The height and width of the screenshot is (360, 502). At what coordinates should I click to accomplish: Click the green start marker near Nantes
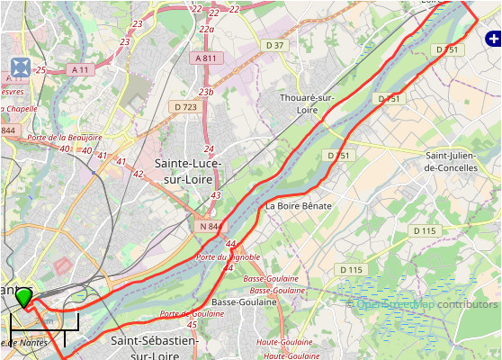click(24, 296)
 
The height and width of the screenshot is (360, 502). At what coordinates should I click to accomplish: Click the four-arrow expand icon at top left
click(20, 67)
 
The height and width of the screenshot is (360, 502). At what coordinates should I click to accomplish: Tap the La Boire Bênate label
click(299, 206)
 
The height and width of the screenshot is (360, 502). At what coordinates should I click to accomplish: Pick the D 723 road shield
click(184, 106)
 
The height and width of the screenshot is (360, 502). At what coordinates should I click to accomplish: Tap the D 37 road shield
click(274, 45)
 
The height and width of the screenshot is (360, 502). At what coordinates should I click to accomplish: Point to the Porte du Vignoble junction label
click(228, 256)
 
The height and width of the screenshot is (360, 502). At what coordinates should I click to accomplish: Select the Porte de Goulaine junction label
click(192, 313)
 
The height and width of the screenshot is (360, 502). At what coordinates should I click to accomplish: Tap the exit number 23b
click(206, 92)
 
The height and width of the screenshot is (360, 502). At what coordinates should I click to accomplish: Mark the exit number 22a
click(207, 29)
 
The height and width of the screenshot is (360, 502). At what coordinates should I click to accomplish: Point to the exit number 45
click(192, 324)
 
